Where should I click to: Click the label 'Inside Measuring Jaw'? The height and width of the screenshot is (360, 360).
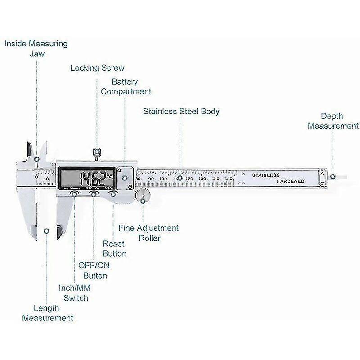(x=36, y=49)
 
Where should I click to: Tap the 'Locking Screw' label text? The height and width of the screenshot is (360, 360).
(x=97, y=68)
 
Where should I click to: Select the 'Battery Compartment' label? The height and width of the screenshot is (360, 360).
(x=126, y=87)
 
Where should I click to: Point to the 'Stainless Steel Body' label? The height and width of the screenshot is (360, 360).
(x=181, y=111)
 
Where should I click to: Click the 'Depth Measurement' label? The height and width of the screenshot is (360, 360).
(x=333, y=121)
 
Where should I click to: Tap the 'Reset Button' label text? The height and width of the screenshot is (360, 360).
(x=114, y=248)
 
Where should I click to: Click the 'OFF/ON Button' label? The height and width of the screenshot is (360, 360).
(x=93, y=270)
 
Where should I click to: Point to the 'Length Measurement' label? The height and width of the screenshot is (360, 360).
(x=47, y=313)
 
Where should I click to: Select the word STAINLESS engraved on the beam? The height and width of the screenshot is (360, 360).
(x=266, y=175)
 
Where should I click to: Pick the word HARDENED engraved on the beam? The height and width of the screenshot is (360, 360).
(x=290, y=181)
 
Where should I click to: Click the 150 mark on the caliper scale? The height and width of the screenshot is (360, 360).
(x=229, y=179)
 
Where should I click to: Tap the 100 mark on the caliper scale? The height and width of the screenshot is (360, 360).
(x=164, y=179)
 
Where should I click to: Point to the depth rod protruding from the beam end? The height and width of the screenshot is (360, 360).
(x=344, y=177)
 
